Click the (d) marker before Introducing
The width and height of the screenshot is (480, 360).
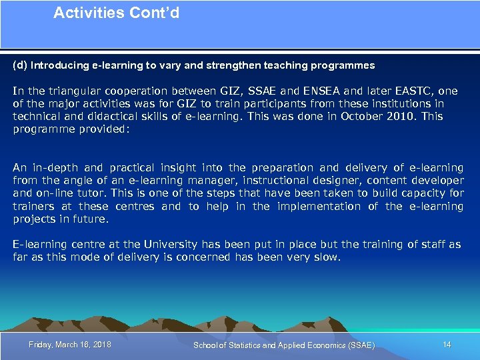(20, 65)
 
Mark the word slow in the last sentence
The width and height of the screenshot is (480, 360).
(326, 257)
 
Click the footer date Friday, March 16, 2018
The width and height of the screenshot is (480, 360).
(70, 345)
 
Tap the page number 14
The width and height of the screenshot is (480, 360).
(447, 345)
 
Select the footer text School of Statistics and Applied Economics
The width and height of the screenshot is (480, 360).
(283, 345)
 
